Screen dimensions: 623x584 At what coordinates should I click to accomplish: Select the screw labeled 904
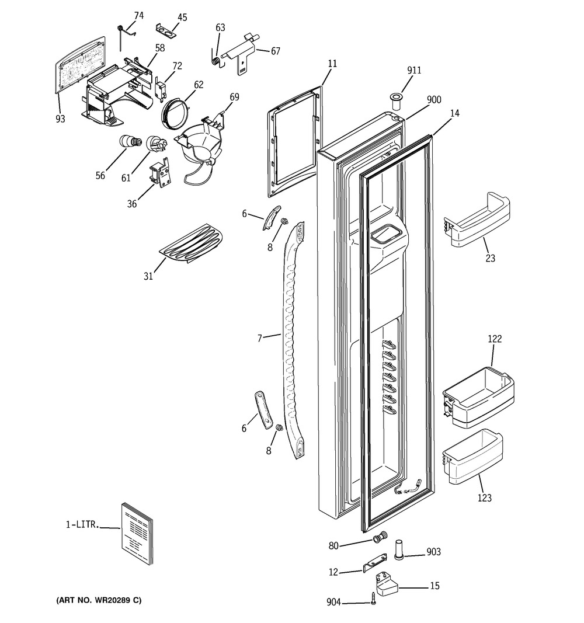(x=373, y=598)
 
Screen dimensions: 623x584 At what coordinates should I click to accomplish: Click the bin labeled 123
(x=473, y=457)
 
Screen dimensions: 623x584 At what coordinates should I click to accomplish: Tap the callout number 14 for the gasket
(x=454, y=114)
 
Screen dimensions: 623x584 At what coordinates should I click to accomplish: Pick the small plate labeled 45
(x=166, y=29)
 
